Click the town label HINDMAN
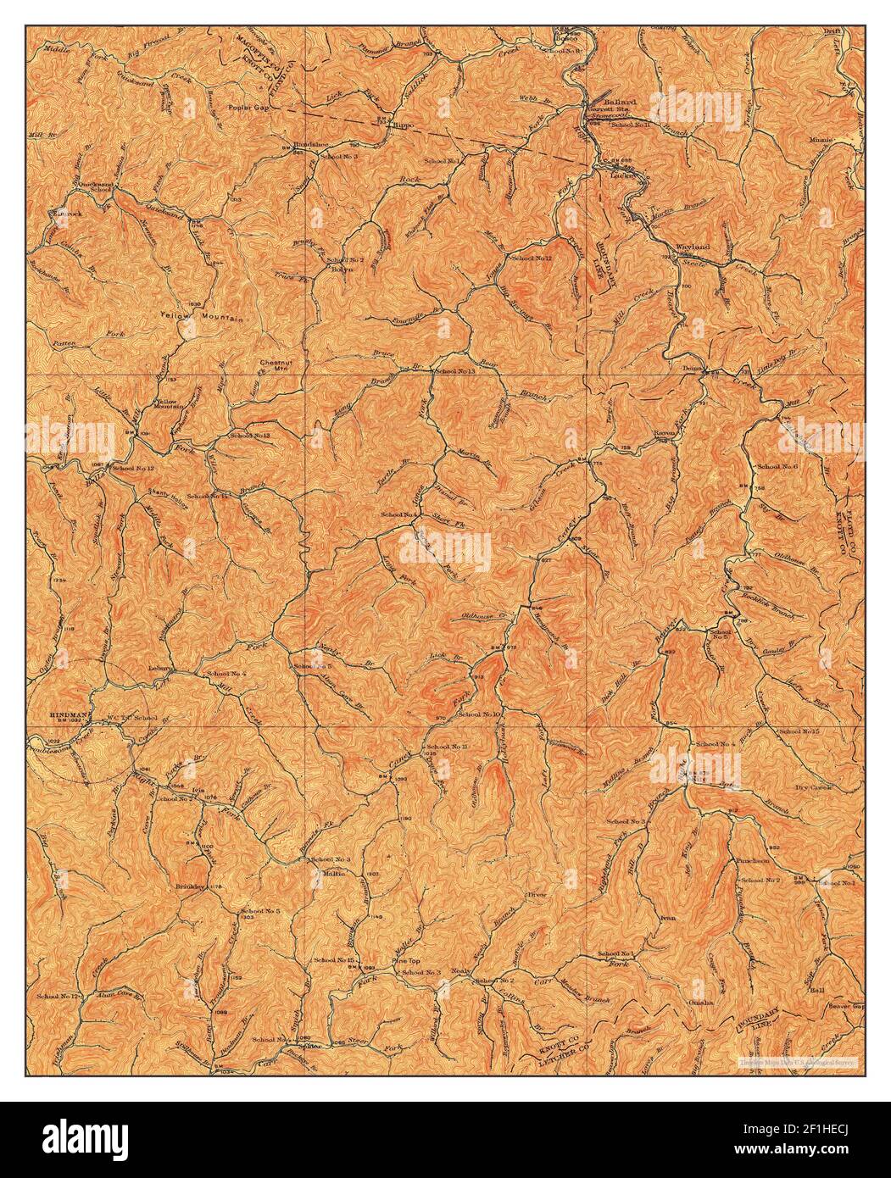click(x=71, y=714)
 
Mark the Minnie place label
click(x=821, y=138)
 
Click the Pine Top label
click(x=405, y=961)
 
